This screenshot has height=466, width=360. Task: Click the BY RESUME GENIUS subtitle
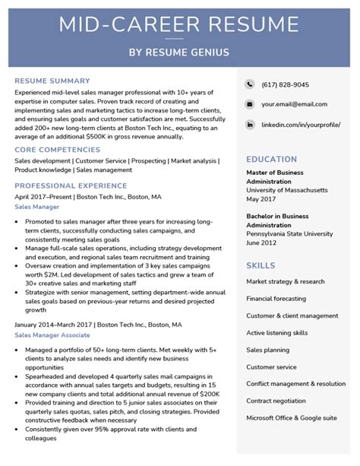[x=180, y=52]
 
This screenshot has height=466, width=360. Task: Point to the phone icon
[x=250, y=84]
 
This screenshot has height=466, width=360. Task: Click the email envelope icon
[x=250, y=104]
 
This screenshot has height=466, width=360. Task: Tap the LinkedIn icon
[x=250, y=124]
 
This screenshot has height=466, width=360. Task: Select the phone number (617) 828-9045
[x=286, y=84]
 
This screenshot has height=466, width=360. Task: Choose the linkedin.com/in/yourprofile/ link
[x=301, y=124]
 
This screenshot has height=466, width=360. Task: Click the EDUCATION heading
[x=271, y=160]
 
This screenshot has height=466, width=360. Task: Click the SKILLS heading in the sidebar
[x=261, y=265]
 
